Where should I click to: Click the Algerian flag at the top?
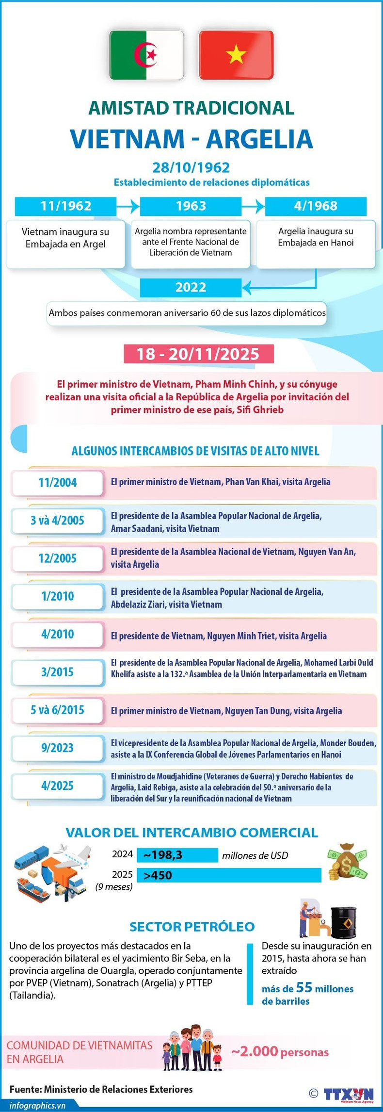[x=146, y=55]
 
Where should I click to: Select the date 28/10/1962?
[x=191, y=167]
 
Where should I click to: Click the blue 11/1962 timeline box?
[x=65, y=206]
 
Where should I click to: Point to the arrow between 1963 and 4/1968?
[x=253, y=206]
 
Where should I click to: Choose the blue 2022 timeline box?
[x=191, y=287]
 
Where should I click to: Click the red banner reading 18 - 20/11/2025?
[x=198, y=354]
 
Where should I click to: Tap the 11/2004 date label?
[x=58, y=483]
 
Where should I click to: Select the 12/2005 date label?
[x=58, y=558]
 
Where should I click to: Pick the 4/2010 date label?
[x=58, y=634]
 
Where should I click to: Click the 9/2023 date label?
[x=58, y=748]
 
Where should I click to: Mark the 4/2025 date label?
[x=58, y=785]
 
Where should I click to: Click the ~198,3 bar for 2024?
[x=177, y=855]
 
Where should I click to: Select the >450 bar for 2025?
[x=229, y=875]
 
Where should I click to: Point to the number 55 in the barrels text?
[x=304, y=987]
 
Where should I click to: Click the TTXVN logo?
[x=348, y=1095]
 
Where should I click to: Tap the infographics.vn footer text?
[x=37, y=1105]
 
